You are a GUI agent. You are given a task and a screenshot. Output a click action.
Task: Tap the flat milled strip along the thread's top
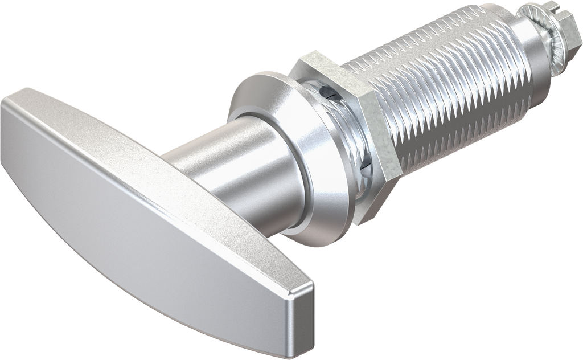click(x=433, y=63)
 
